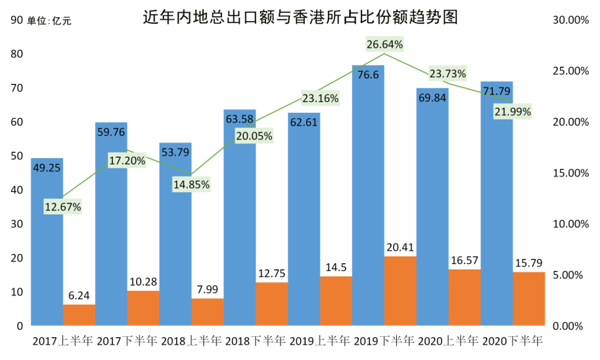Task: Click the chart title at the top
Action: pyautogui.click(x=300, y=18)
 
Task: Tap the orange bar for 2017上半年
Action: pyautogui.click(x=79, y=315)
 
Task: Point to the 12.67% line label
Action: pyautogui.click(x=63, y=207)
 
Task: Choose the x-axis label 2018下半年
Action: pyautogui.click(x=256, y=341)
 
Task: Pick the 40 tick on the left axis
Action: pyautogui.click(x=17, y=190)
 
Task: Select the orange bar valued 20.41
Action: pyautogui.click(x=400, y=291)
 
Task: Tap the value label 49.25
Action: pyautogui.click(x=47, y=168)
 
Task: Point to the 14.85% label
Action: pyautogui.click(x=191, y=184)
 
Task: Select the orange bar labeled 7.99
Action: pyautogui.click(x=207, y=312)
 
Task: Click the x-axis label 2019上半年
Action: pyautogui.click(x=320, y=341)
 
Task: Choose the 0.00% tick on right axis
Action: pyautogui.click(x=571, y=326)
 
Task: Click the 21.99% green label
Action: pyautogui.click(x=512, y=112)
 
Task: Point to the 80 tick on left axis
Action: pyautogui.click(x=17, y=54)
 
